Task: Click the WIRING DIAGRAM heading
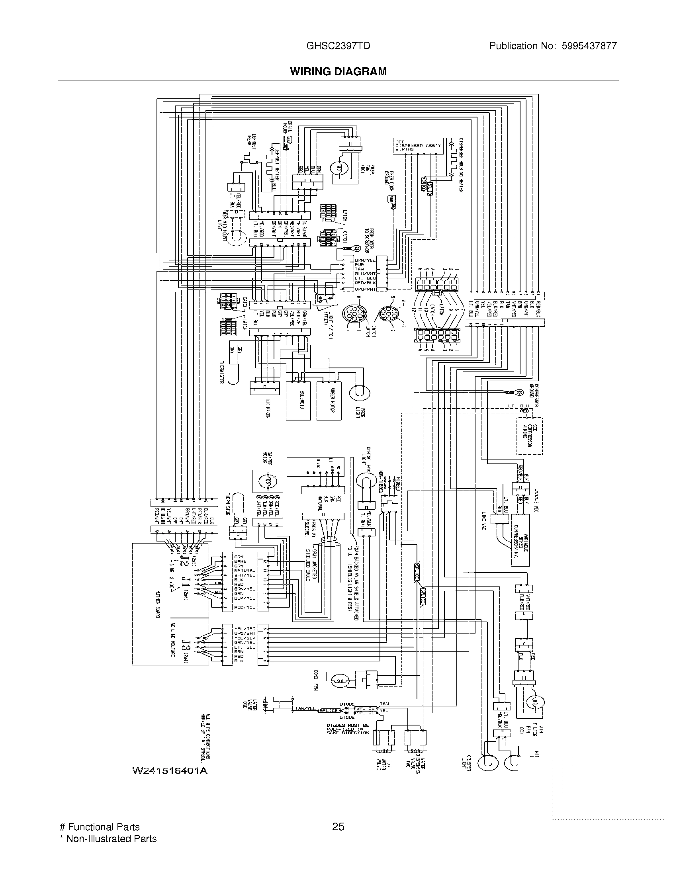coord(338,71)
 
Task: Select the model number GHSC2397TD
coord(338,46)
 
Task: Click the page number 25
coord(338,827)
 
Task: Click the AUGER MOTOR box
coord(329,400)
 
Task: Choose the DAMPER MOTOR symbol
coord(267,480)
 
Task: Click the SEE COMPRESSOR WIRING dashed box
coord(529,436)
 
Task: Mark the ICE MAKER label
coord(266,408)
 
